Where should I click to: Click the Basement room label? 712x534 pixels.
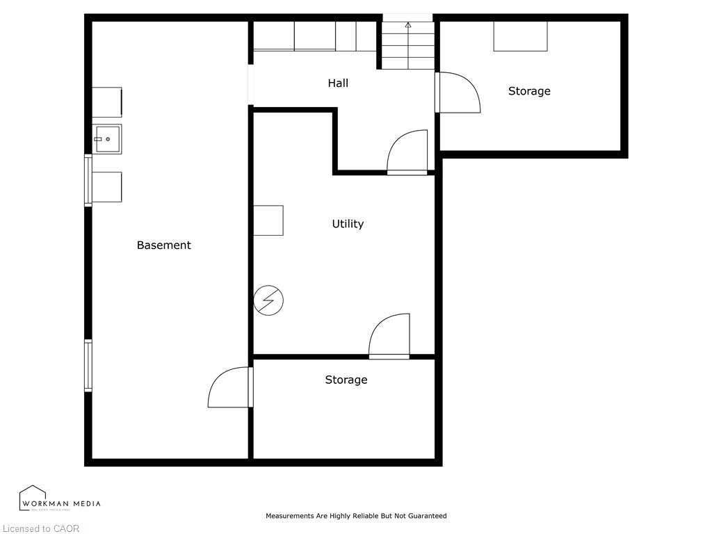[163, 245]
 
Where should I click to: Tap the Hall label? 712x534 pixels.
[338, 83]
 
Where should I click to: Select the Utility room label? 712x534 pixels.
[348, 224]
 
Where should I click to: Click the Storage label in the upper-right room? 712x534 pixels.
[529, 91]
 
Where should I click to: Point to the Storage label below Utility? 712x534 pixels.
[346, 380]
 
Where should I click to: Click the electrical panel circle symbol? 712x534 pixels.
[268, 300]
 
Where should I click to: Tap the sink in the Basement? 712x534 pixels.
[107, 139]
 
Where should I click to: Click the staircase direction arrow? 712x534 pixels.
[408, 26]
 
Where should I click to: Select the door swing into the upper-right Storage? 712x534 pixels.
[459, 92]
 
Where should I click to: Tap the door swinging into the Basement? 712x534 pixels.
[229, 387]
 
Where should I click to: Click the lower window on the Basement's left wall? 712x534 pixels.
[88, 365]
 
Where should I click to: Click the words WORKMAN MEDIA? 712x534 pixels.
[61, 503]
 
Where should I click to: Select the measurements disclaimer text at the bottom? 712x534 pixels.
[356, 516]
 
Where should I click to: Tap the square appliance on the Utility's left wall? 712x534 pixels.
[268, 220]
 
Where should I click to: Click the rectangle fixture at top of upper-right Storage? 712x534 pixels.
[520, 36]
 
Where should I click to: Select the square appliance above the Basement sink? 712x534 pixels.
[107, 102]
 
